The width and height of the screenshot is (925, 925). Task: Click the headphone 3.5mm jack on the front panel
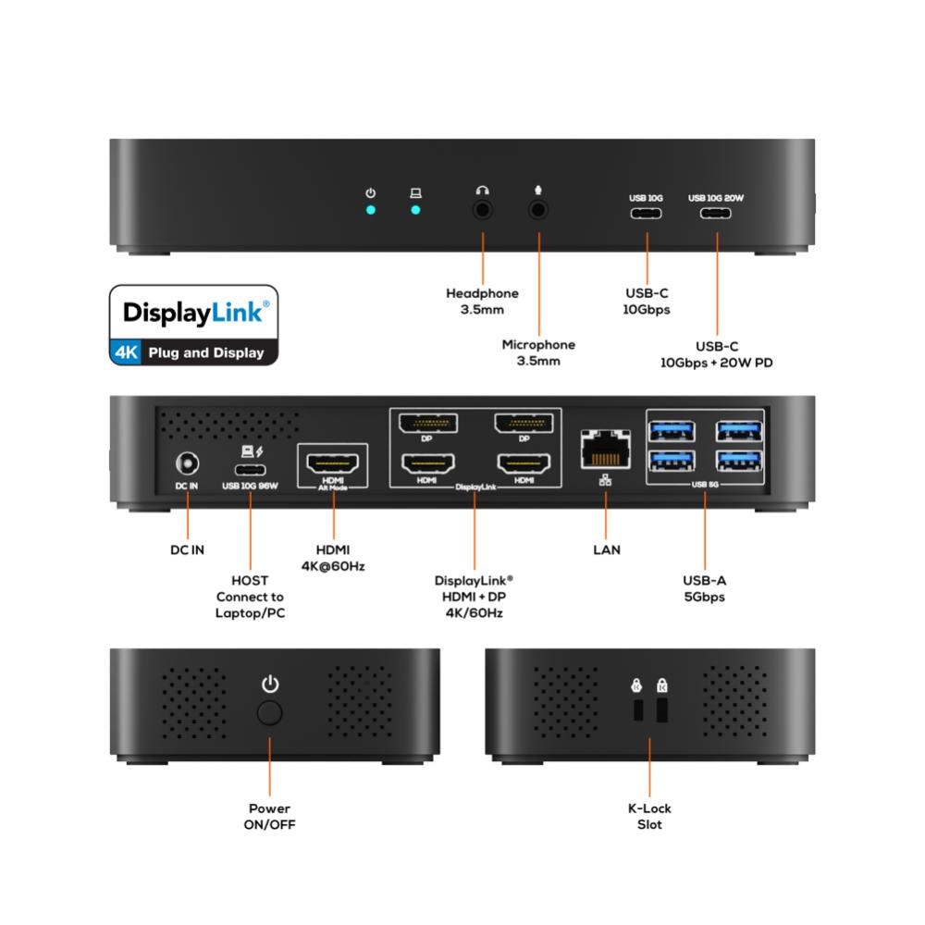pyautogui.click(x=483, y=209)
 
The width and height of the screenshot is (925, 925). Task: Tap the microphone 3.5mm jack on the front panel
pyautogui.click(x=538, y=209)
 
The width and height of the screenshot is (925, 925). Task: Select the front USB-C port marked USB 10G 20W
pyautogui.click(x=716, y=213)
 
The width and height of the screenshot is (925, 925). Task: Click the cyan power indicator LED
pyautogui.click(x=371, y=210)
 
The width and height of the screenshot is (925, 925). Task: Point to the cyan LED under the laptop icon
pyautogui.click(x=415, y=210)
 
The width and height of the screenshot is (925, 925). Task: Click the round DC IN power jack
pyautogui.click(x=188, y=463)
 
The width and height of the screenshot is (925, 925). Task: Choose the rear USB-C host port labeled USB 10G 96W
pyautogui.click(x=250, y=470)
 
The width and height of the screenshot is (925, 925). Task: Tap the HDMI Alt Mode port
pyautogui.click(x=333, y=463)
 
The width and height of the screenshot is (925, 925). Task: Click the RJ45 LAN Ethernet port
pyautogui.click(x=605, y=450)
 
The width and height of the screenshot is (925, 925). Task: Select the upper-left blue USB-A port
pyautogui.click(x=672, y=431)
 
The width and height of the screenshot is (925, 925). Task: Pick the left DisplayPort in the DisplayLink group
pyautogui.click(x=428, y=424)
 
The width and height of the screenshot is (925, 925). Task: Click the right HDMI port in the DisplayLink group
pyautogui.click(x=524, y=463)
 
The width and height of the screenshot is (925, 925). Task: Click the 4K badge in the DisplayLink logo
pyautogui.click(x=126, y=352)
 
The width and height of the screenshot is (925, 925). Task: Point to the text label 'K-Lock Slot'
pyautogui.click(x=649, y=817)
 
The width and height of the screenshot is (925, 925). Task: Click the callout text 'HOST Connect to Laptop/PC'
pyautogui.click(x=250, y=597)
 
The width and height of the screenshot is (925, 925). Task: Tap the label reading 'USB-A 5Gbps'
pyautogui.click(x=704, y=588)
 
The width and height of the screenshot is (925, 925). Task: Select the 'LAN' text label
pyautogui.click(x=607, y=549)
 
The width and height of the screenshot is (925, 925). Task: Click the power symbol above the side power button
pyautogui.click(x=270, y=684)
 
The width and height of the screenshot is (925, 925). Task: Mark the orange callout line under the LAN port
pyautogui.click(x=606, y=514)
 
